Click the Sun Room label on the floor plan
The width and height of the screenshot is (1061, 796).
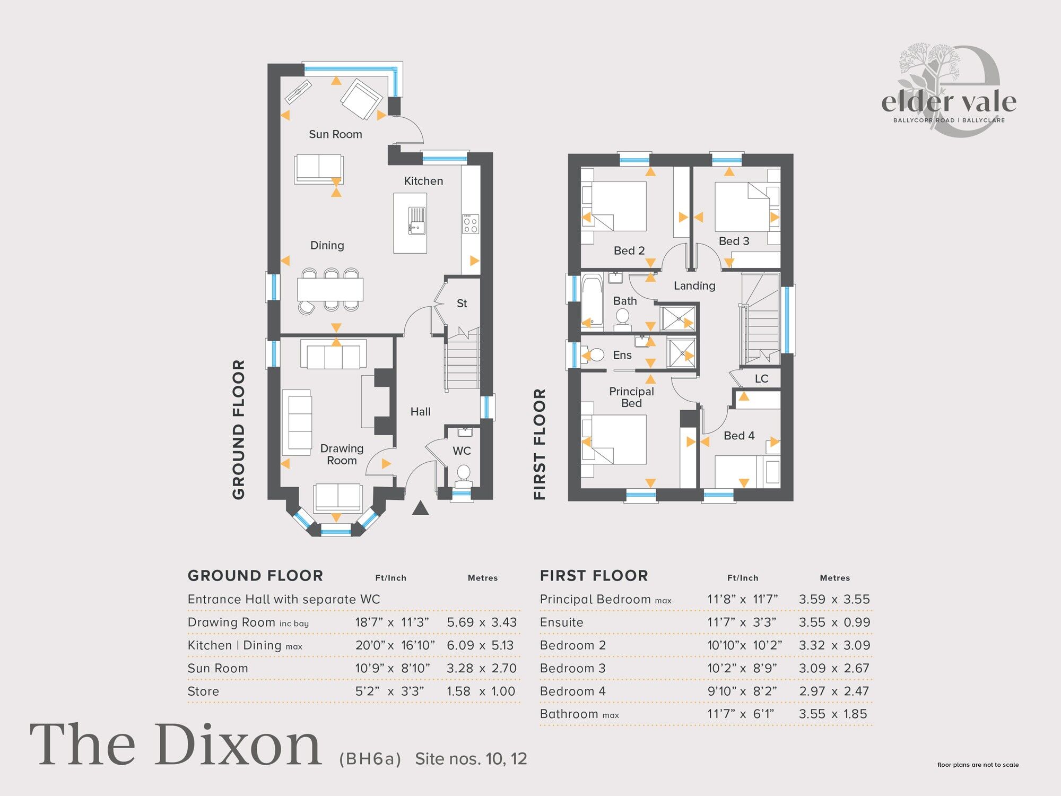(x=335, y=135)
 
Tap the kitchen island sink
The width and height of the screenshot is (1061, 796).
(x=417, y=221)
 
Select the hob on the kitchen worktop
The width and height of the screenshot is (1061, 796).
(x=471, y=224)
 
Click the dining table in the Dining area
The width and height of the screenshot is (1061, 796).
(x=330, y=290)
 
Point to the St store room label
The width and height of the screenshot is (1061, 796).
(x=462, y=304)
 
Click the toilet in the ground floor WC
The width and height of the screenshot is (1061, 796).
(x=464, y=474)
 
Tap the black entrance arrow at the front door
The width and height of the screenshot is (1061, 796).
(x=420, y=508)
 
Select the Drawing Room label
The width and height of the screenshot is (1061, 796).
(x=342, y=455)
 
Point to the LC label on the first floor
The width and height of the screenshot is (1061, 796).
(x=761, y=379)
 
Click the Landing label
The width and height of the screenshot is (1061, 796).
(x=694, y=286)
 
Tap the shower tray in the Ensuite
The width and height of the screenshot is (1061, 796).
(x=681, y=353)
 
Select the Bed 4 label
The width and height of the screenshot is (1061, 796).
(x=739, y=436)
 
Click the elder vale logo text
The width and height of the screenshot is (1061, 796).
(x=949, y=102)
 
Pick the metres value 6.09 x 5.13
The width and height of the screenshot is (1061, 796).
(x=481, y=646)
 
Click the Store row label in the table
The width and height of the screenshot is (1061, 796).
(x=203, y=691)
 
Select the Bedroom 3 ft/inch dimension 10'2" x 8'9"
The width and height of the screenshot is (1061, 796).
(x=742, y=669)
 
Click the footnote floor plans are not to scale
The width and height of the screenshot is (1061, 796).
(x=978, y=765)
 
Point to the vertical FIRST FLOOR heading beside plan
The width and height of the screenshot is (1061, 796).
(x=540, y=444)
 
